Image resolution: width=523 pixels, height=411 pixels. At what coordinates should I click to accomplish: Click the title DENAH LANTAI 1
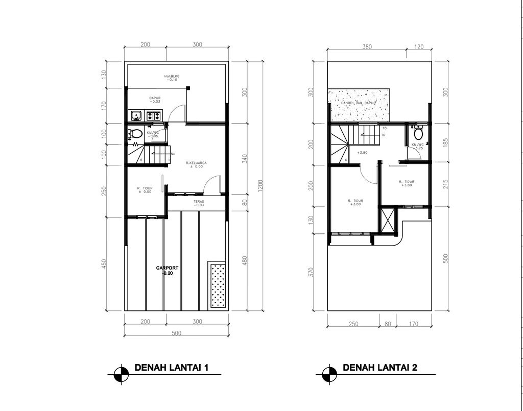pyautogui.click(x=171, y=368)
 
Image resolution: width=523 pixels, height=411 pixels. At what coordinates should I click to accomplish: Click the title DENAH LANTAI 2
pyautogui.click(x=379, y=368)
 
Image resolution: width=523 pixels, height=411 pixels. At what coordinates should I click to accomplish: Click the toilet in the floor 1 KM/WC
pyautogui.click(x=136, y=134)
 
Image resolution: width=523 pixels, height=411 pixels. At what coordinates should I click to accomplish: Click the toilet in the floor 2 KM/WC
pyautogui.click(x=418, y=133)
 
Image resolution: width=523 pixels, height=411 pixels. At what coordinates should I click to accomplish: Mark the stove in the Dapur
pyautogui.click(x=153, y=116)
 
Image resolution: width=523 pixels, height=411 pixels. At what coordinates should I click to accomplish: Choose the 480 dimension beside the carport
pyautogui.click(x=246, y=260)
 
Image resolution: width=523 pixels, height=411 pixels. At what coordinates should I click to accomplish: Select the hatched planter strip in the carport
pyautogui.click(x=218, y=286)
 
